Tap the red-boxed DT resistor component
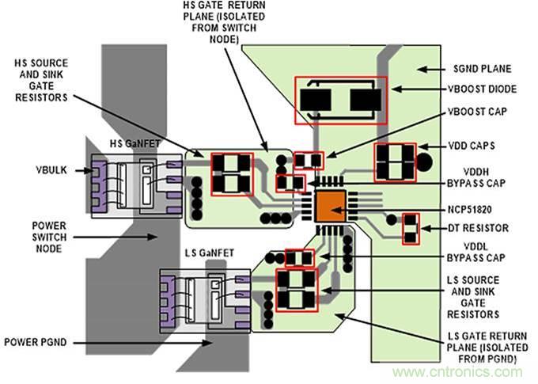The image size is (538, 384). click(x=411, y=229)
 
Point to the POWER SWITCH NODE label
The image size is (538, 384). click(x=37, y=234)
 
